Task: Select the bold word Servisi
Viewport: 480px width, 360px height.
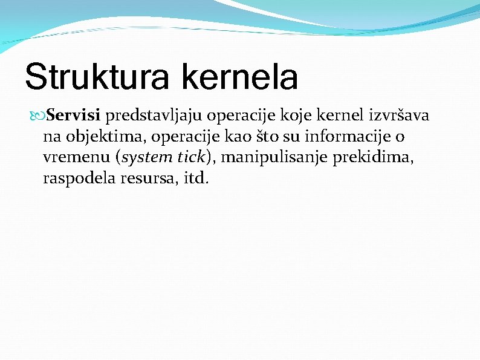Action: pos(74,115)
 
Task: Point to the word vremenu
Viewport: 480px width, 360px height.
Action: pos(76,158)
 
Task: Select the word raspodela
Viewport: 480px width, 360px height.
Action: pos(76,179)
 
